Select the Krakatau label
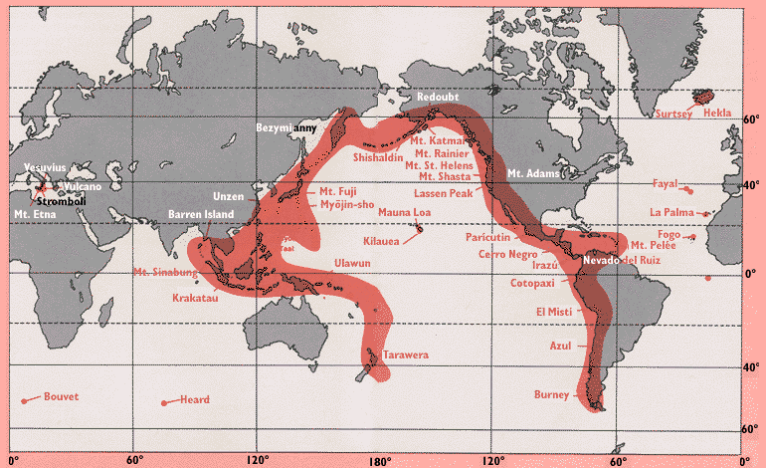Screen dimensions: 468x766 [198, 297]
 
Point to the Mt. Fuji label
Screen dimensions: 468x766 [340, 190]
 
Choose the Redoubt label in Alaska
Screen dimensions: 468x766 [440, 97]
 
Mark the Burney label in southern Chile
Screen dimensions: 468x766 [551, 395]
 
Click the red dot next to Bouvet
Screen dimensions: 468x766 [23, 400]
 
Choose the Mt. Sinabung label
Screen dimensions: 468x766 [166, 272]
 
